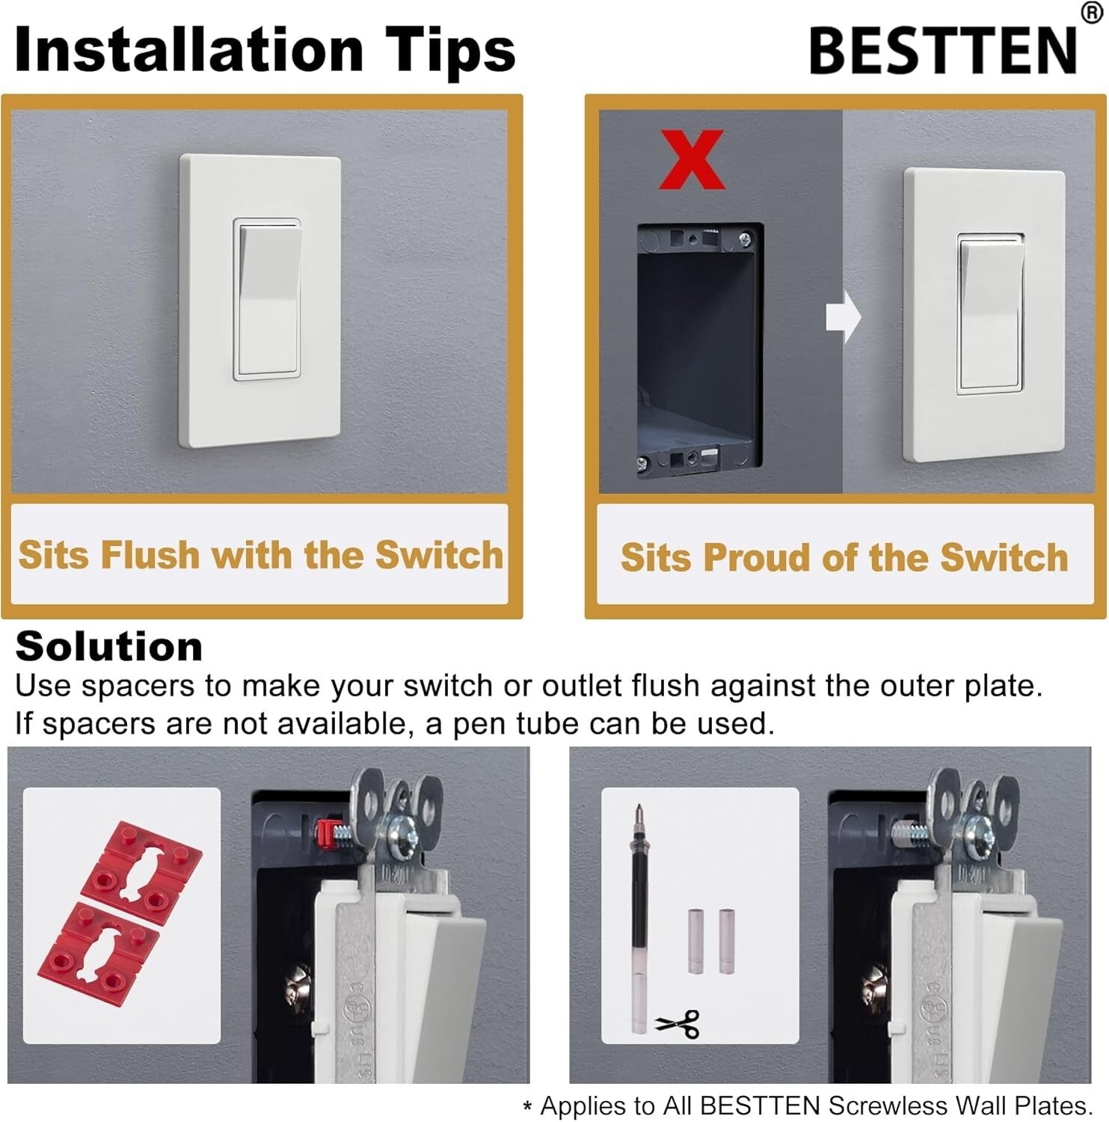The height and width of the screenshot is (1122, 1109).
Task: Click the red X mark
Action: click(692, 159)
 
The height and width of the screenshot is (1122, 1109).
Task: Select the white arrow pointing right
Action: click(844, 317)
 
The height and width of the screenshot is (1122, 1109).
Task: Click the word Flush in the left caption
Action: click(150, 555)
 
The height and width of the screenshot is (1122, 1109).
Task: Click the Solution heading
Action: click(109, 646)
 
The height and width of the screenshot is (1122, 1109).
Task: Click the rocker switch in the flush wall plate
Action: click(268, 299)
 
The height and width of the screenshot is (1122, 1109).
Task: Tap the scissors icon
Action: click(678, 1023)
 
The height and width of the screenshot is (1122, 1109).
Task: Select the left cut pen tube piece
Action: click(695, 941)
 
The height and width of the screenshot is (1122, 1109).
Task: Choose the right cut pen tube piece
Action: click(727, 941)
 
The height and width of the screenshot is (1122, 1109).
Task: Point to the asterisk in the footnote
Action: click(528, 1107)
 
